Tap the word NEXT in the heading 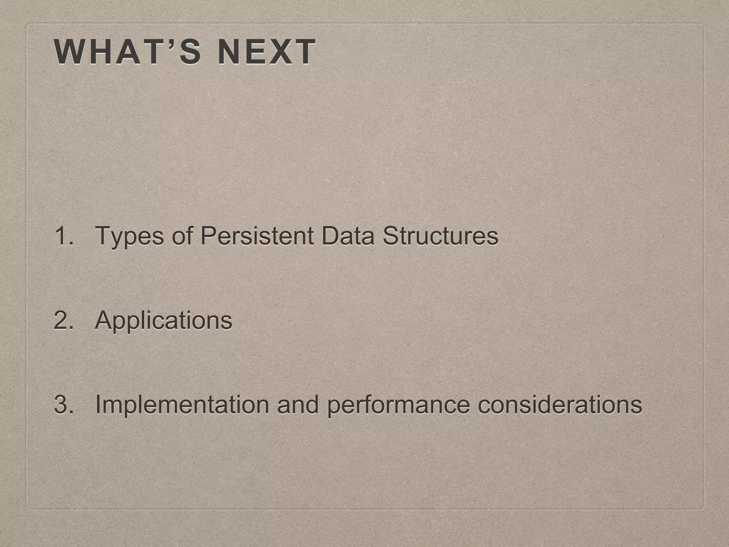coord(266,52)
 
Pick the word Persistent coord(257,236)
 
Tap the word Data coord(348,236)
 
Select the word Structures coord(440,236)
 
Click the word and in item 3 coord(298,405)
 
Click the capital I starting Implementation coord(98,405)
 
